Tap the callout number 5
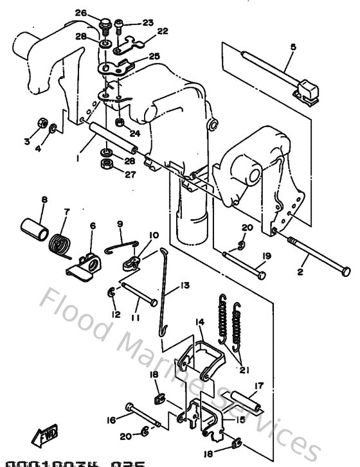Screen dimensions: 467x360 point(293,47)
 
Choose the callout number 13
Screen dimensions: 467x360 point(184,285)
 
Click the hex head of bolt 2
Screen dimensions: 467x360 point(346,269)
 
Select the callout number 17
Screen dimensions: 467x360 point(258,387)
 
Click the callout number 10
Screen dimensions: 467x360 point(154,235)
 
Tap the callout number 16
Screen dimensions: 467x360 point(111,420)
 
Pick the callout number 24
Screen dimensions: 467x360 point(134,134)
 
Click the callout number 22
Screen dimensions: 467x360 point(162,31)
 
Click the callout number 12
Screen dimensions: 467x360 point(116,314)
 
